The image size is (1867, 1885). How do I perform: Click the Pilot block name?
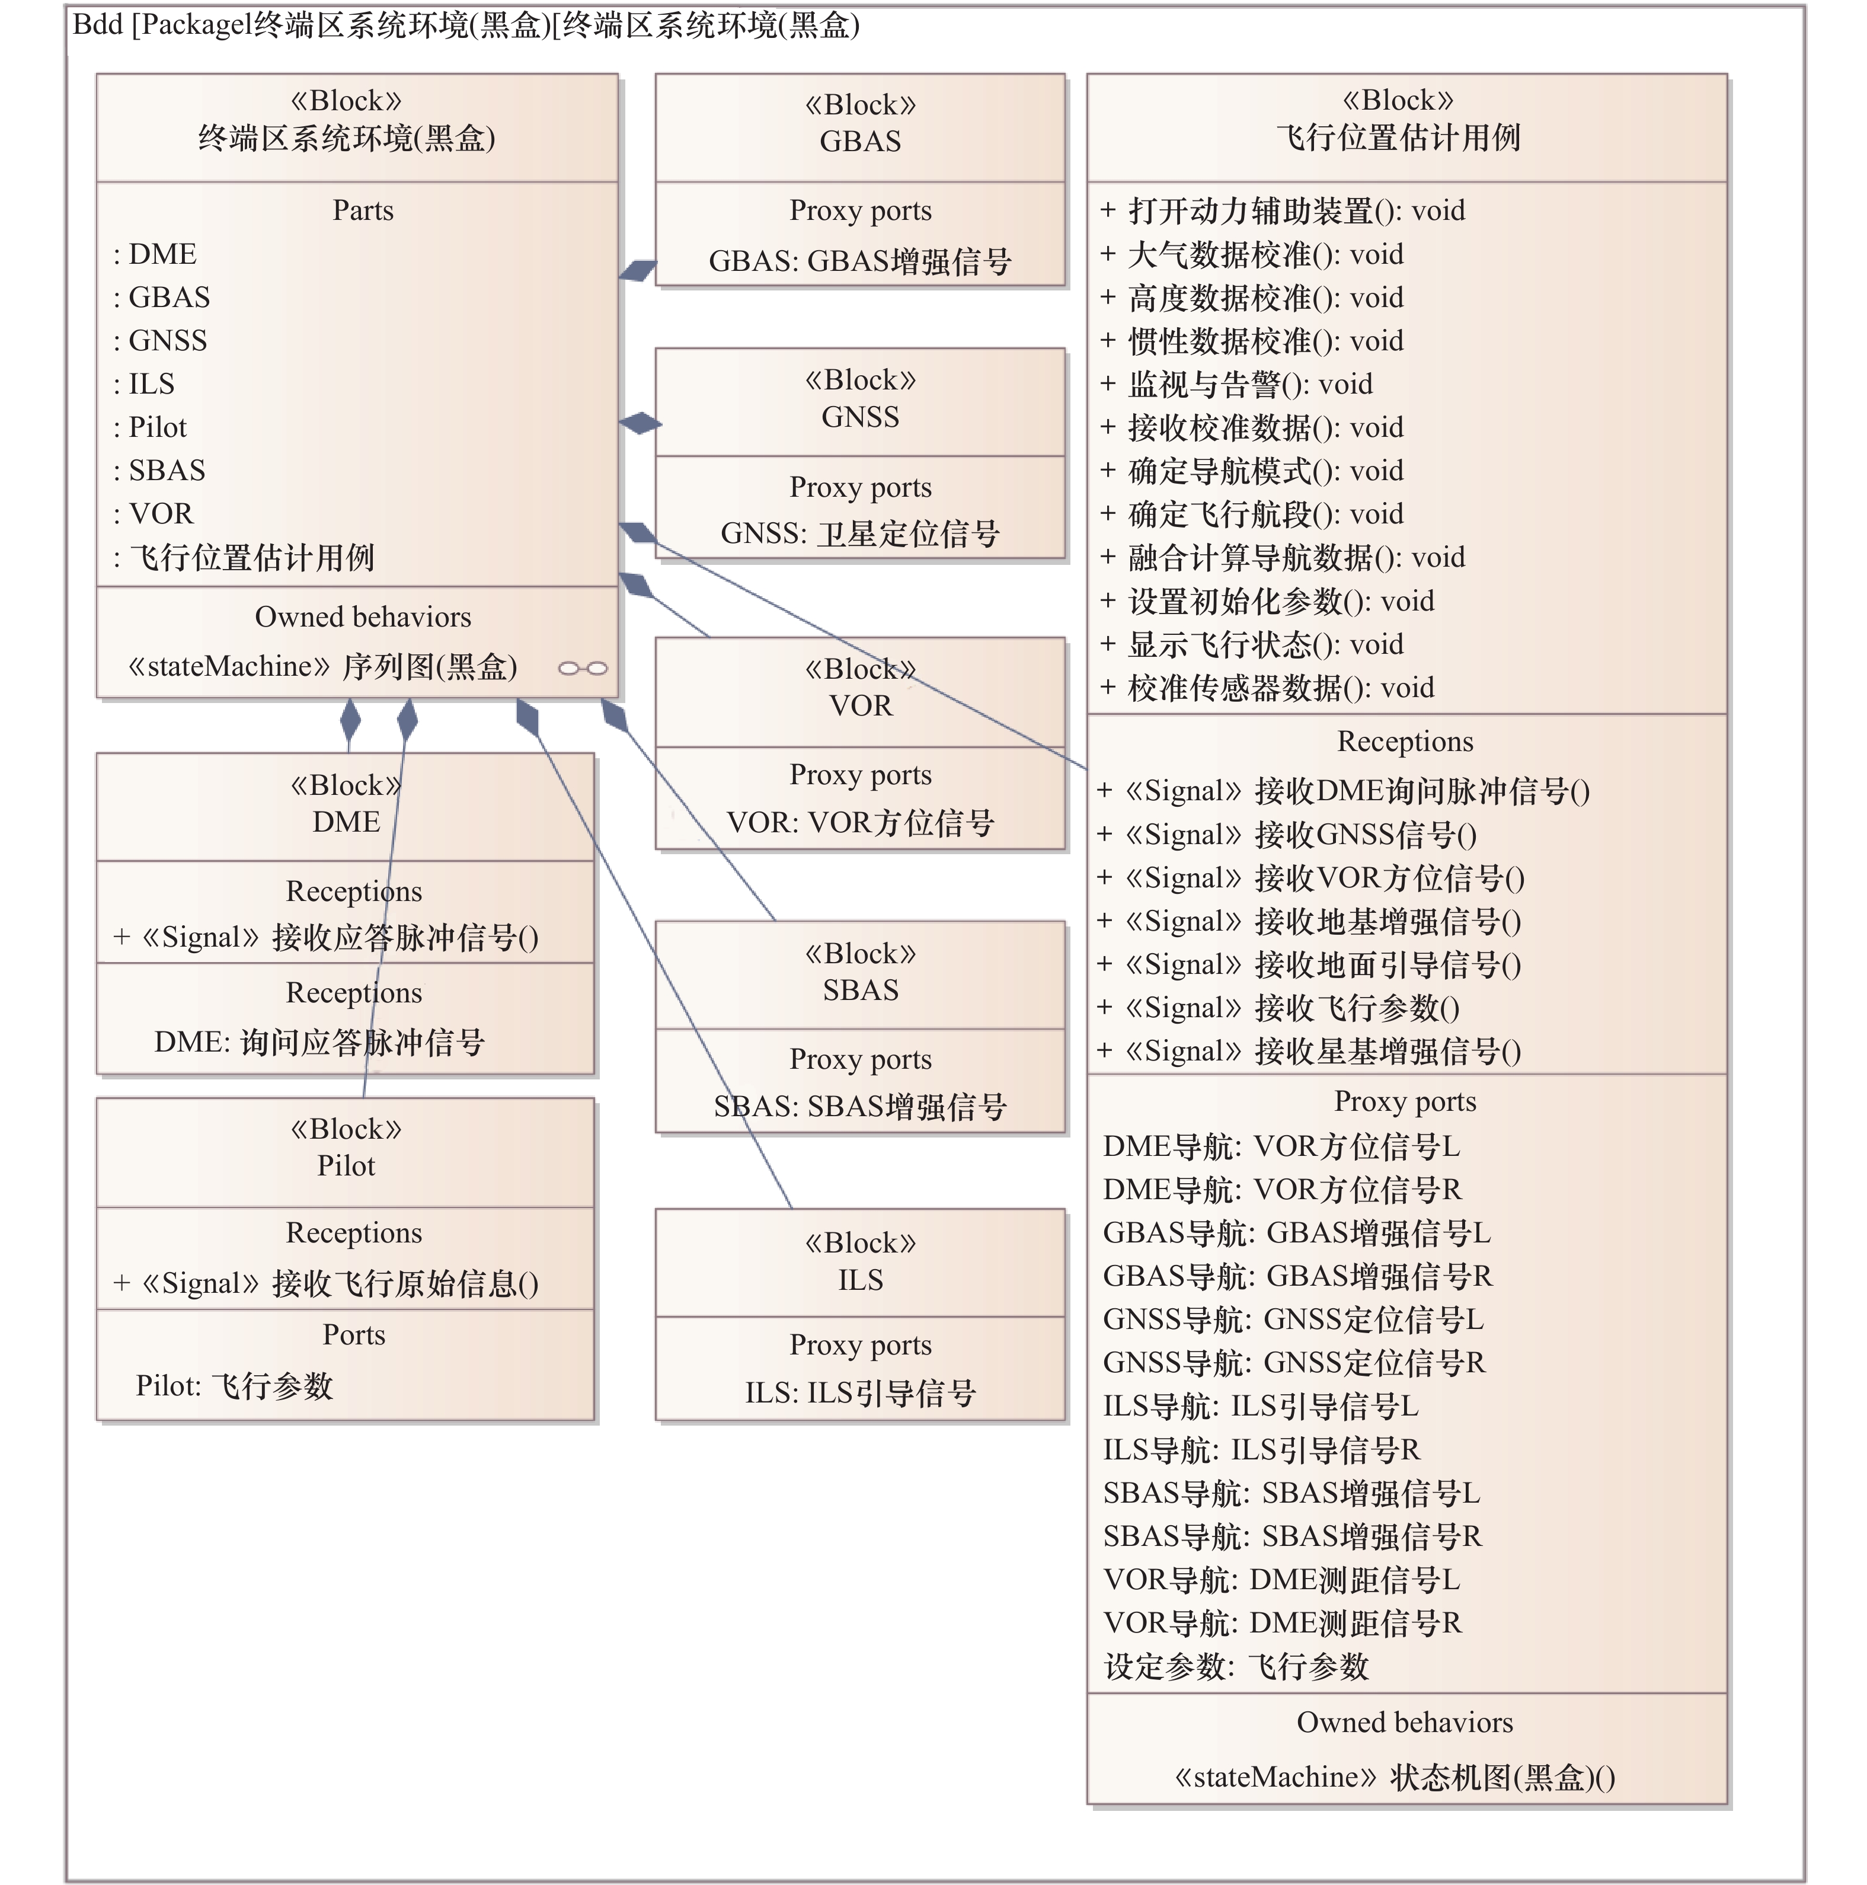click(346, 1166)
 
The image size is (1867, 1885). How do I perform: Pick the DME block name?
click(346, 822)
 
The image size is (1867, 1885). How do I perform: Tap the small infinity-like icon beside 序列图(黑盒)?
click(583, 668)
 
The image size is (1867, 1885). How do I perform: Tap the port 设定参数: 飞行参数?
click(1236, 1666)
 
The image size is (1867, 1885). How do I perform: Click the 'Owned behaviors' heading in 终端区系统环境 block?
click(362, 616)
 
